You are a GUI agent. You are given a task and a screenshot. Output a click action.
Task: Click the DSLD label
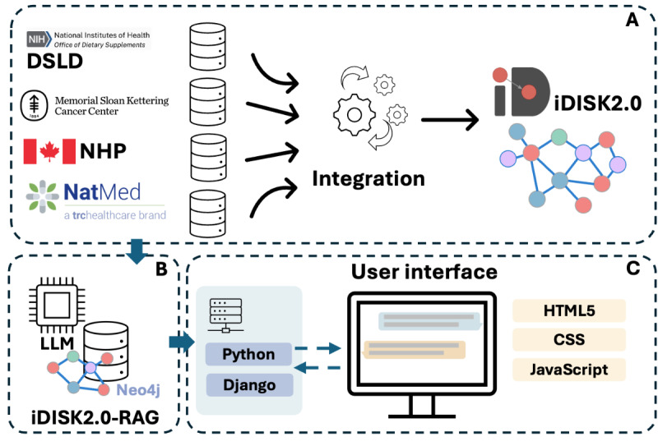[x=55, y=62]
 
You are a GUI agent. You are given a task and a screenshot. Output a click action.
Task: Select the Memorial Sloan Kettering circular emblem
[x=34, y=105]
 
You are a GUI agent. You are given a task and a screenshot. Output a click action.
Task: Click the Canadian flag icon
[x=49, y=151]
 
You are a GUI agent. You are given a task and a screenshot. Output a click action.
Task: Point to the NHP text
[x=104, y=151]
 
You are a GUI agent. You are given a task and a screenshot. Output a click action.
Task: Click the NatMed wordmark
[x=102, y=192]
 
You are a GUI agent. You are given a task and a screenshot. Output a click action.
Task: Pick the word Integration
[x=368, y=179]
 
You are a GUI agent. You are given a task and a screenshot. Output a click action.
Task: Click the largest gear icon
[x=354, y=114]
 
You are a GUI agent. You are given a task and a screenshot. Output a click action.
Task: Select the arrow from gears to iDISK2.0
[x=450, y=120]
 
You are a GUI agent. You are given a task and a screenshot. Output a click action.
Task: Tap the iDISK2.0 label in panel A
[x=598, y=103]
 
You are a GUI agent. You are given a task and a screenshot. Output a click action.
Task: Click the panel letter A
[x=632, y=20]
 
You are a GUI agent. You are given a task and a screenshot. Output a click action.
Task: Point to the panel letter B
[x=161, y=269]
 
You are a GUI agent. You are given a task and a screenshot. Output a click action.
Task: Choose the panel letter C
[x=633, y=269]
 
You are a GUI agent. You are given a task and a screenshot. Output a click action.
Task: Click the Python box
[x=248, y=354]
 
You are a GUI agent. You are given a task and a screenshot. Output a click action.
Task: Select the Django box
[x=249, y=384]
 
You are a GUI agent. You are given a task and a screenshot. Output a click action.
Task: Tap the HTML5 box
[x=569, y=310]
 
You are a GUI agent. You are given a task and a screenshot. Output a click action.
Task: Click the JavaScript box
[x=569, y=370]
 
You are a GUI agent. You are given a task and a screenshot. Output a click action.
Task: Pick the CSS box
[x=569, y=339]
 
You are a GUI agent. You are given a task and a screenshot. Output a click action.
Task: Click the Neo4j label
[x=138, y=390]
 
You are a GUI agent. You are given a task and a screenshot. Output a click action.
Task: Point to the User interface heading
[x=424, y=272]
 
